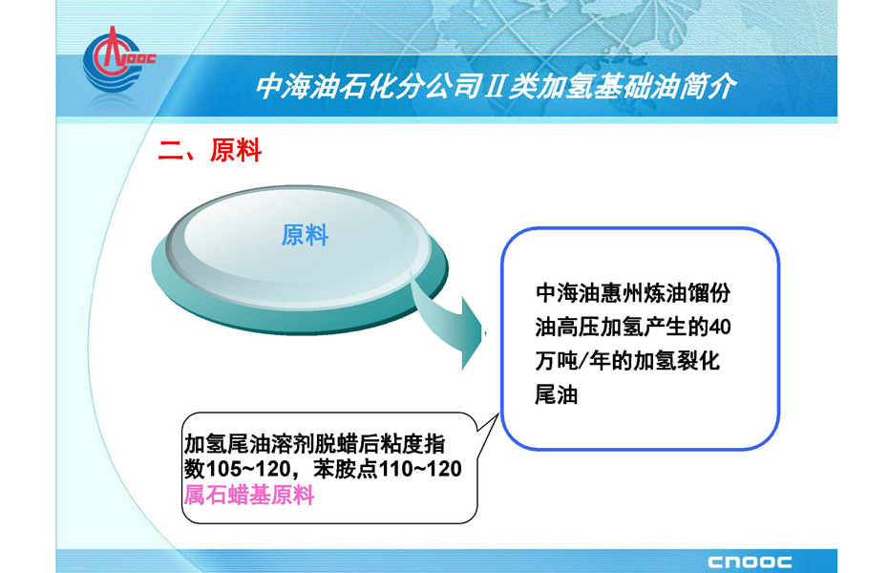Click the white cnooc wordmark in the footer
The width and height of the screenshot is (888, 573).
click(750, 562)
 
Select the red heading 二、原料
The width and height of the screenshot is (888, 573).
click(209, 151)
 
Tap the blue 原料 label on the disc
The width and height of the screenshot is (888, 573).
click(305, 235)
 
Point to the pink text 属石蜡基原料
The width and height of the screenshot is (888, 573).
click(249, 496)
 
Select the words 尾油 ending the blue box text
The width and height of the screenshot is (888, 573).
click(556, 394)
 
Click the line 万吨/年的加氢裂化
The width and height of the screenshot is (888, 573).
click(627, 361)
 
